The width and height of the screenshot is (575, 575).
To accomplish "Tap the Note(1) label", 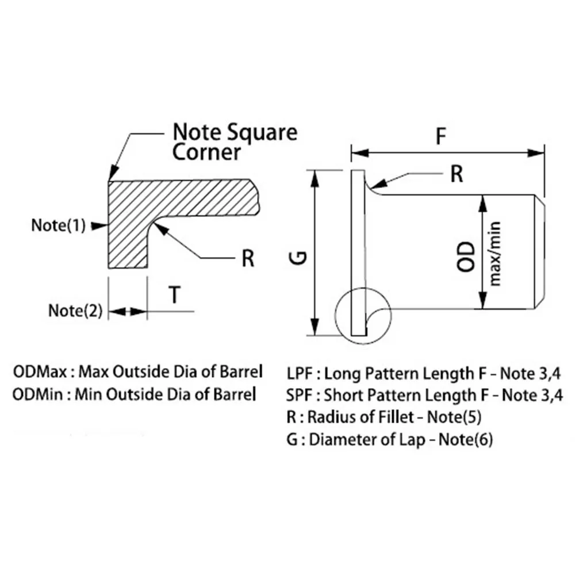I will point(58,225).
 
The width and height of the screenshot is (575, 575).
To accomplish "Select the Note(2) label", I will point(75,311).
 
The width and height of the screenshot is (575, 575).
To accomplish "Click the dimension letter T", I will point(175,295).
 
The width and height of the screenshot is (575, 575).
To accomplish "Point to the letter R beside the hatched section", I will point(248,259).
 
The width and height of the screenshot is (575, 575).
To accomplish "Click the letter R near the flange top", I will point(457,174).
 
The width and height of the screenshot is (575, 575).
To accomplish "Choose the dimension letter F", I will point(441,137).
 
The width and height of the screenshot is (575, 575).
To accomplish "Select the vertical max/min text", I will point(495,253).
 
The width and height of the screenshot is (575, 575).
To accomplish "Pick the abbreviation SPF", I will point(300,396).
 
